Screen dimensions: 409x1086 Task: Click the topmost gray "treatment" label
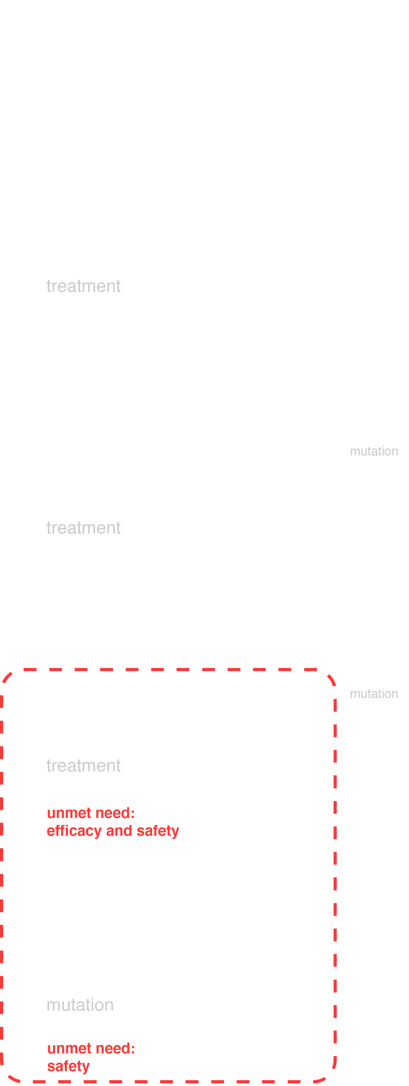point(83,286)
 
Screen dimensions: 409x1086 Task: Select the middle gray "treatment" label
point(83,528)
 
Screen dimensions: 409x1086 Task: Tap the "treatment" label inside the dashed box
point(83,766)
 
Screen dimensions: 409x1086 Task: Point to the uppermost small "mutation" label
point(374,451)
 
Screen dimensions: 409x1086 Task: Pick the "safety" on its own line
point(68,1066)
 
